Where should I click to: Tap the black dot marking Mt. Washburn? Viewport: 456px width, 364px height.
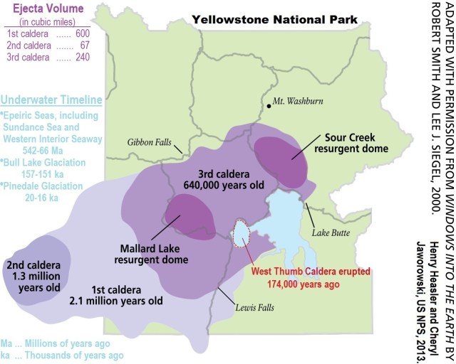click(269, 106)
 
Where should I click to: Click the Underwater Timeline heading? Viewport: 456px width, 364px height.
click(51, 100)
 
